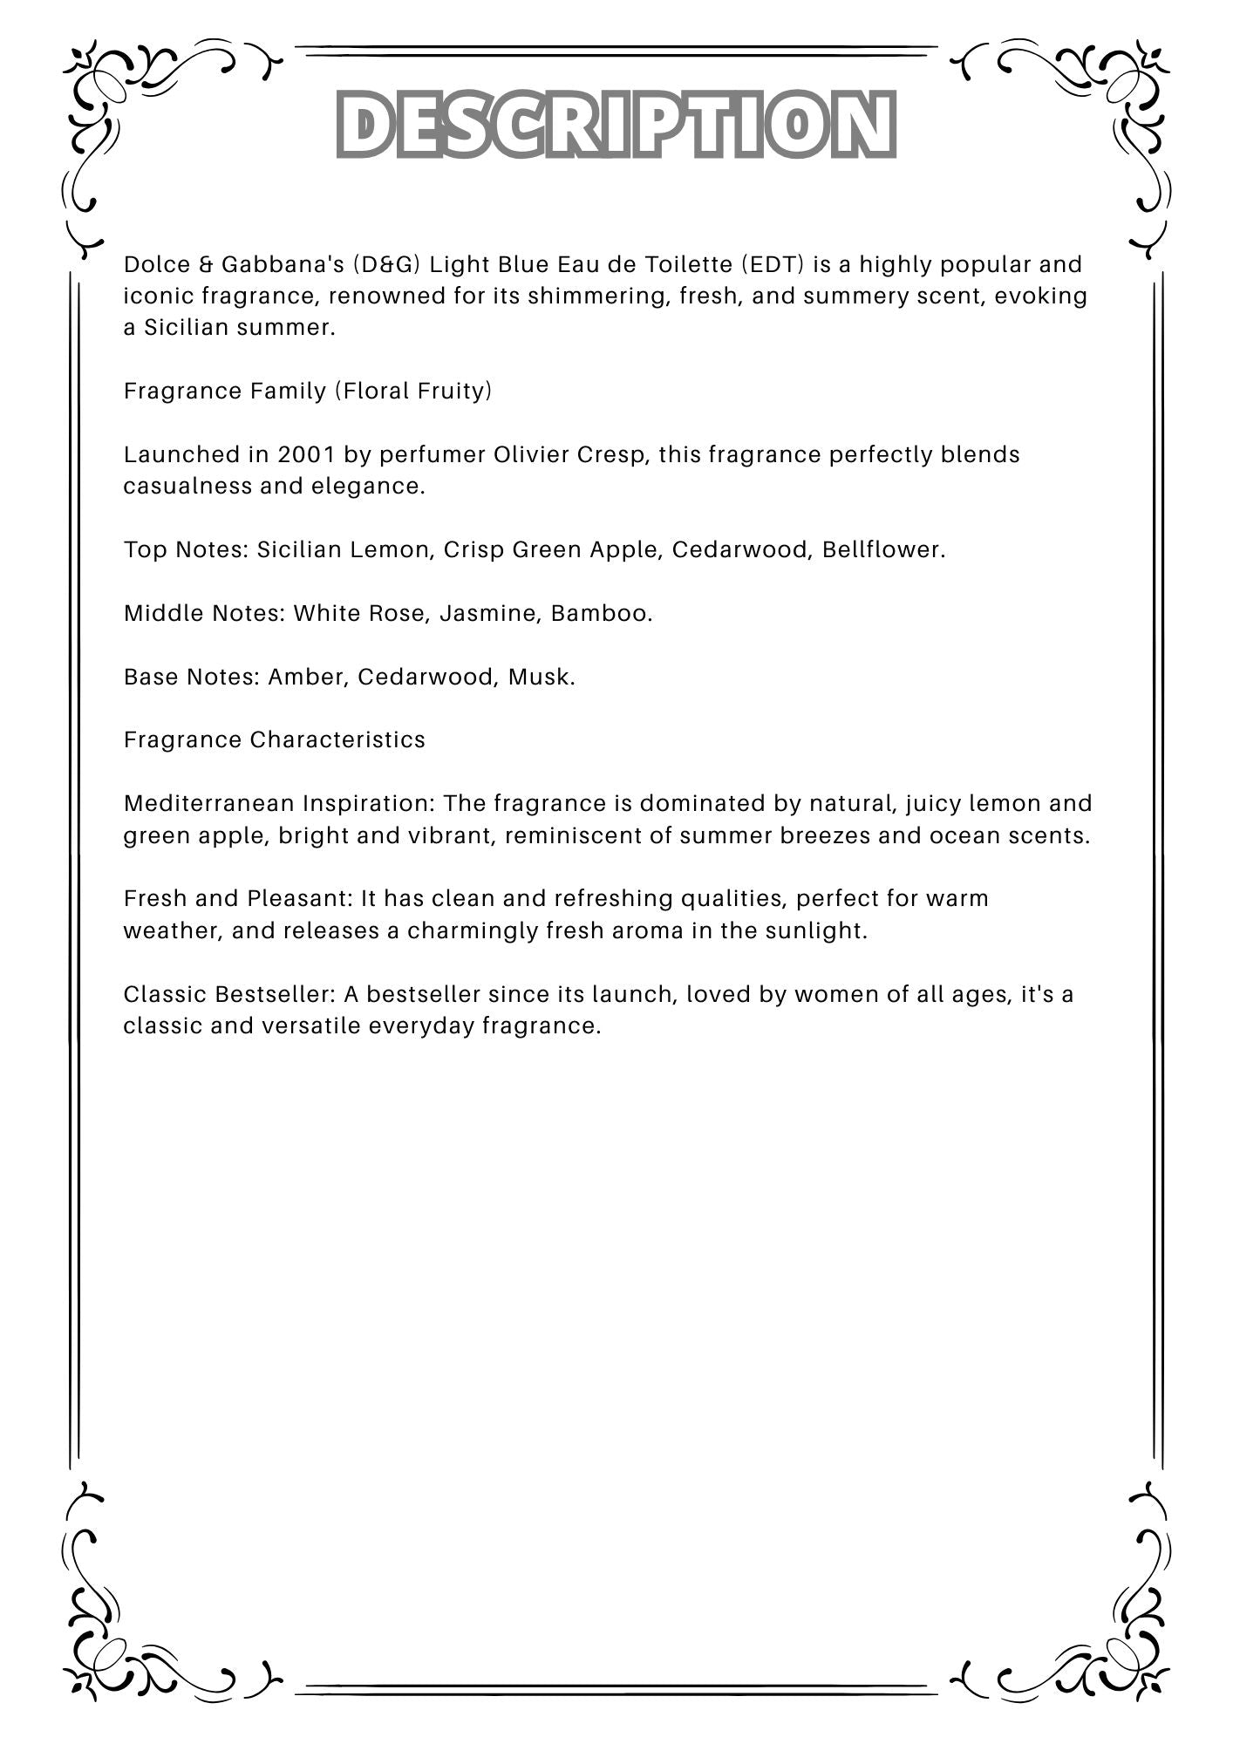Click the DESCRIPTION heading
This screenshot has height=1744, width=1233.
(x=616, y=124)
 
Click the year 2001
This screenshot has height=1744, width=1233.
(x=306, y=454)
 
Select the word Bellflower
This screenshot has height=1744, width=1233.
(x=883, y=549)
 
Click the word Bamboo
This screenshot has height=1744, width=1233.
(x=602, y=613)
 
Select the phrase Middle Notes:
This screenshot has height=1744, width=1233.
(x=204, y=613)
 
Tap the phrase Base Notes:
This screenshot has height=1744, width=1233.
(x=192, y=677)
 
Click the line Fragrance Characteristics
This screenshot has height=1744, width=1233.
(x=275, y=739)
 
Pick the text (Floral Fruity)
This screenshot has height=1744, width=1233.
(x=413, y=391)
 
